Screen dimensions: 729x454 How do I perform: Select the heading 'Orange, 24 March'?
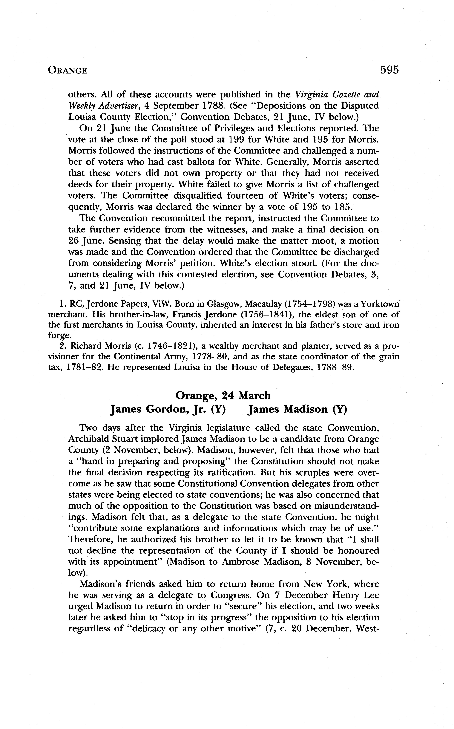pyautogui.click(x=223, y=396)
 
